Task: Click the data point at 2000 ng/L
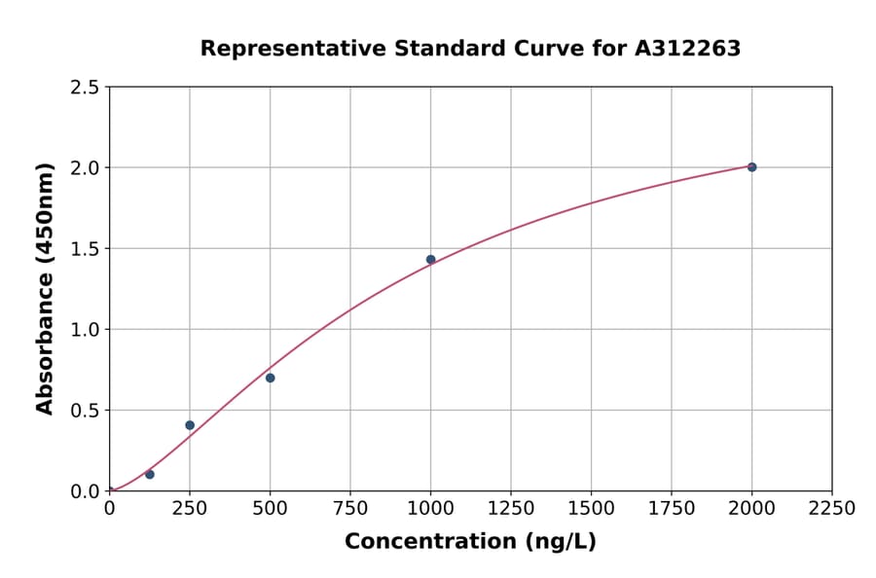[x=751, y=167]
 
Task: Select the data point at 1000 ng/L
[x=430, y=260]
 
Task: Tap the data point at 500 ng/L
[x=270, y=378]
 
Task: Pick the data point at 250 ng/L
[x=190, y=425]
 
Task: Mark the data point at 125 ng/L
[x=149, y=474]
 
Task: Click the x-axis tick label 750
[x=350, y=509]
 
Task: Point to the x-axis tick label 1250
[x=511, y=509]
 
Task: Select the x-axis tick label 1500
[x=591, y=509]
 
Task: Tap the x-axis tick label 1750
[x=672, y=509]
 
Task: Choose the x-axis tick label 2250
[x=832, y=509]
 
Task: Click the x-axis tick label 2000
[x=751, y=509]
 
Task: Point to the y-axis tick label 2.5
[x=85, y=88]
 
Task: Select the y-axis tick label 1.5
[x=85, y=249]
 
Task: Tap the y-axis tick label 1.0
[x=85, y=330]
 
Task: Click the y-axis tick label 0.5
[x=85, y=411]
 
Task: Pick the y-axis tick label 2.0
[x=85, y=168]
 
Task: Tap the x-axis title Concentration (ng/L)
[x=470, y=542]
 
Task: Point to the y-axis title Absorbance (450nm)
[x=45, y=289]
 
